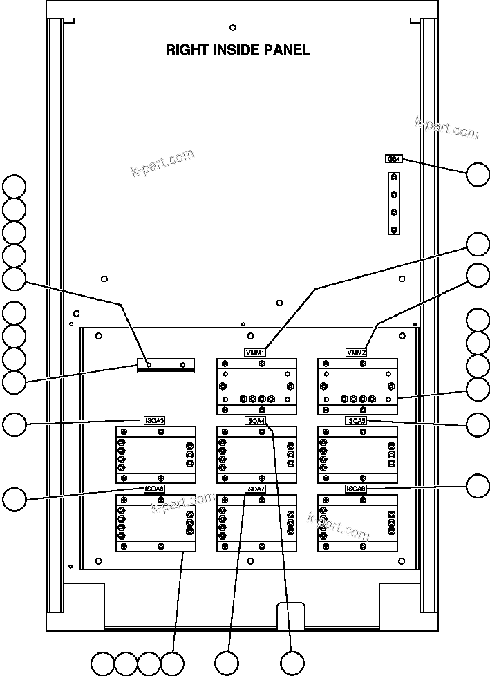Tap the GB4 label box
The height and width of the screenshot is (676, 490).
(393, 158)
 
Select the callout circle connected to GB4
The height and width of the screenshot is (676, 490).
(478, 174)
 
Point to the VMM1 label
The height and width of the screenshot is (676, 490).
(256, 353)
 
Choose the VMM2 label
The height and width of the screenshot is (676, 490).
(357, 353)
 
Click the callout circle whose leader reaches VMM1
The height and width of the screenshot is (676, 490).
(478, 245)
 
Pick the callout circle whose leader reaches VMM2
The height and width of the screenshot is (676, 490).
(478, 274)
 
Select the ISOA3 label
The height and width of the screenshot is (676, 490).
(154, 420)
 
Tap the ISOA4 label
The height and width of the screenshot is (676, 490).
(256, 420)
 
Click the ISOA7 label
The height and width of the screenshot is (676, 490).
(256, 489)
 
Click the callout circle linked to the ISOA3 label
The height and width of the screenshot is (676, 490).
(15, 424)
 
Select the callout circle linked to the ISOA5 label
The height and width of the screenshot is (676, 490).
(478, 424)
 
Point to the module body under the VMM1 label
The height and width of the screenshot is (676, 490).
(256, 386)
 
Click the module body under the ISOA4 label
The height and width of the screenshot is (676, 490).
(256, 455)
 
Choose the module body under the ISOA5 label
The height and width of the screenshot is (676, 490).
(357, 455)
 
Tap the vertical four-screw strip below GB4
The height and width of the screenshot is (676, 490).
(394, 204)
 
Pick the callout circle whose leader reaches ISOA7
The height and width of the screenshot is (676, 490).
(227, 663)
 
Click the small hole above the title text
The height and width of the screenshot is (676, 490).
(232, 28)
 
